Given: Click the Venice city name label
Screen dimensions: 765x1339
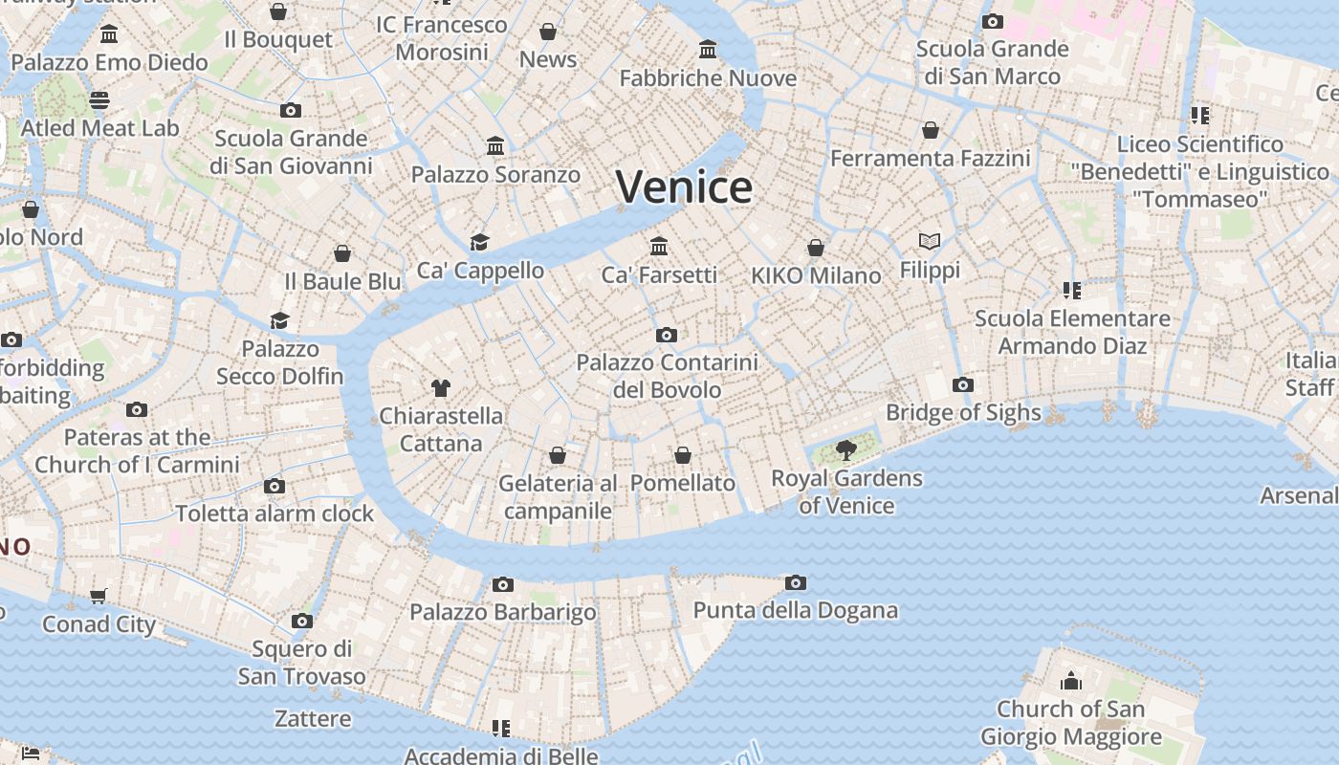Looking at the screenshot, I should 684,186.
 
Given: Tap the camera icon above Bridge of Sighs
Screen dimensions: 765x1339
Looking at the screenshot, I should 963,385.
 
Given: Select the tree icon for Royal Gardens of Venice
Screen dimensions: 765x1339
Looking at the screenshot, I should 845,449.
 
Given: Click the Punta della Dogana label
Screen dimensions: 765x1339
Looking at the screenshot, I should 795,610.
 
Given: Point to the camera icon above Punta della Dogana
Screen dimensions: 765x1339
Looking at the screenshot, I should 795,582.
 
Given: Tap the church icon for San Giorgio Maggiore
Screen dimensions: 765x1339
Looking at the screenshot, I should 1071,681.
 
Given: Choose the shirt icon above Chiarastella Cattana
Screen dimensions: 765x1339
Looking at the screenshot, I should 440,387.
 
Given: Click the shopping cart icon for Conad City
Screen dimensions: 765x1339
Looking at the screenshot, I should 99,597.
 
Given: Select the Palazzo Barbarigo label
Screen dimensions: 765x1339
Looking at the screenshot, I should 503,612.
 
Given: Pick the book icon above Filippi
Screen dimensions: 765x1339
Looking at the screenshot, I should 930,242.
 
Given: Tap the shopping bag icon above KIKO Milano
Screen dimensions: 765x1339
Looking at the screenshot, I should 816,248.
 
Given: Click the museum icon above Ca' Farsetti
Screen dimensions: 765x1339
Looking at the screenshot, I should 659,247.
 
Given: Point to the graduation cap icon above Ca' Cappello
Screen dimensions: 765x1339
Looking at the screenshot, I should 479,243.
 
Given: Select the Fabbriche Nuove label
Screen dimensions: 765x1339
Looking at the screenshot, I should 708,78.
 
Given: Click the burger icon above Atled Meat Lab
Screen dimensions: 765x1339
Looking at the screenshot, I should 99,99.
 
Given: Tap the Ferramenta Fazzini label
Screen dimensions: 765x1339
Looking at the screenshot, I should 930,158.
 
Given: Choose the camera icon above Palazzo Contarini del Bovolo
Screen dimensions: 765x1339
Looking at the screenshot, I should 667,335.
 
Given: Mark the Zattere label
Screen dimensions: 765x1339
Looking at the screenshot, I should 313,718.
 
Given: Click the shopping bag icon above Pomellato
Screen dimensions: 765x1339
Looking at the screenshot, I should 683,455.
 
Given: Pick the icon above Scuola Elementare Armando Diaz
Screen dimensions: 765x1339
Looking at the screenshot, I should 1071,290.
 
